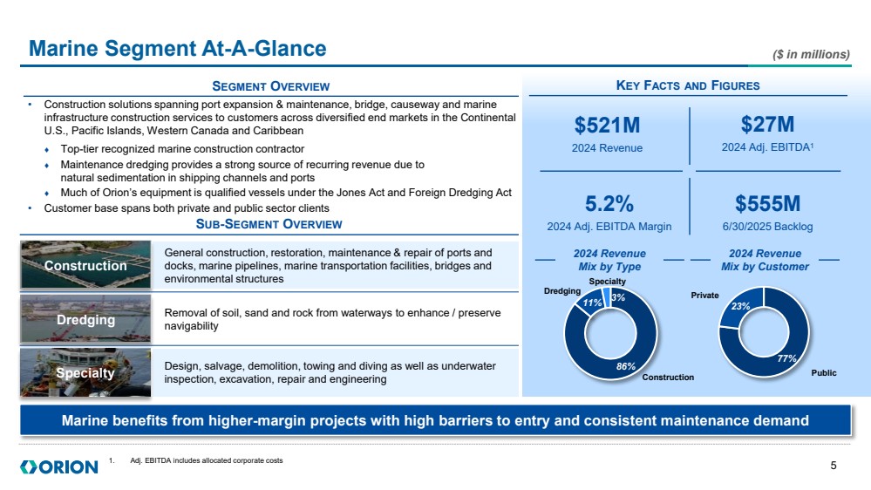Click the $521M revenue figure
pyautogui.click(x=607, y=125)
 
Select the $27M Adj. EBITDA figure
pyautogui.click(x=768, y=125)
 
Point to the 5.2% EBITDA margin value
pyautogui.click(x=609, y=203)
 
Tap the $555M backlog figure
pyautogui.click(x=767, y=203)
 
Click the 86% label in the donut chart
pyautogui.click(x=625, y=367)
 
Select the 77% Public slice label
pyautogui.click(x=787, y=357)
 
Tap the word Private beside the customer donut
pyautogui.click(x=704, y=296)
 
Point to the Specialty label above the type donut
pyautogui.click(x=606, y=282)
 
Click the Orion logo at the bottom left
pyautogui.click(x=58, y=467)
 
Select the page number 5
pyautogui.click(x=834, y=465)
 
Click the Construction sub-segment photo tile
pyautogui.click(x=85, y=265)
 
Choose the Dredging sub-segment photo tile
pyautogui.click(x=85, y=320)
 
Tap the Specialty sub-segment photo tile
pyautogui.click(x=85, y=373)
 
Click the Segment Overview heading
pyautogui.click(x=271, y=85)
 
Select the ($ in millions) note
pyautogui.click(x=811, y=54)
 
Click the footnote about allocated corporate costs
pyautogui.click(x=206, y=460)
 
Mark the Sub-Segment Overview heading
pyautogui.click(x=269, y=225)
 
